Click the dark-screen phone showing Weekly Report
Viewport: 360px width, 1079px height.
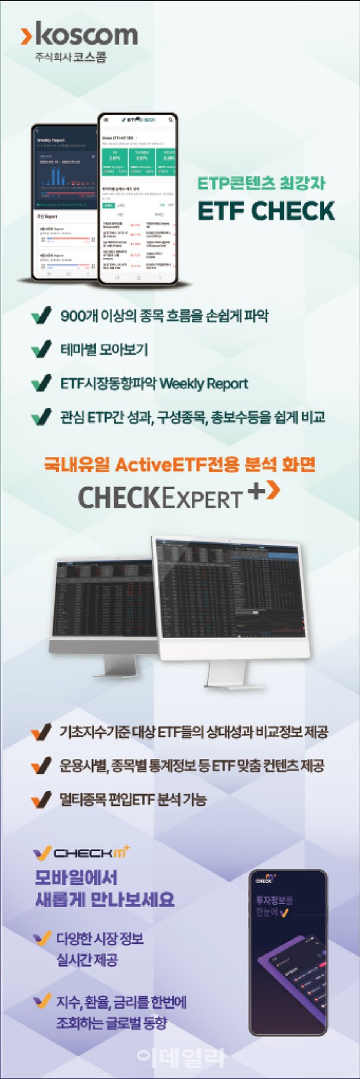[x=65, y=201]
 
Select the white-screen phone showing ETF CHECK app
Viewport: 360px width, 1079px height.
[x=138, y=198]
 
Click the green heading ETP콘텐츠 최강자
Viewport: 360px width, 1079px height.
[x=261, y=184]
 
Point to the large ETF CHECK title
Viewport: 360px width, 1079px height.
[x=266, y=211]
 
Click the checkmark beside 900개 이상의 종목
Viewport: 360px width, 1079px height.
[x=41, y=316]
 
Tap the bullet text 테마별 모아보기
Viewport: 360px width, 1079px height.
[x=104, y=349]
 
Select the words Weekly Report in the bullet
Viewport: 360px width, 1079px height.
[x=204, y=384]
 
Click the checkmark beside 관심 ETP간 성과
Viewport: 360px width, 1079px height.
[x=41, y=417]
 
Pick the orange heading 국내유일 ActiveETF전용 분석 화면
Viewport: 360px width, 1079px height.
[x=179, y=465]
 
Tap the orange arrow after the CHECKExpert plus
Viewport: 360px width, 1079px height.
[x=272, y=491]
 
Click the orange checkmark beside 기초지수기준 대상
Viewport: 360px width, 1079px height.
[x=41, y=733]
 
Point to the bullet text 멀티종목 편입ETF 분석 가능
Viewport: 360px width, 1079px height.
[x=133, y=800]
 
